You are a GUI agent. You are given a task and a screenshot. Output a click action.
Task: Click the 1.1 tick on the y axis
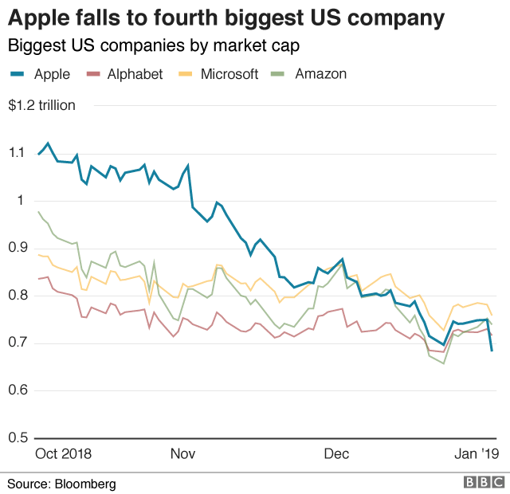[x=18, y=153]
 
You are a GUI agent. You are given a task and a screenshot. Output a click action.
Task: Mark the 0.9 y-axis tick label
[x=18, y=248]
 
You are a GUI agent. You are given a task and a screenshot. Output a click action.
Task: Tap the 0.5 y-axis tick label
[x=18, y=438]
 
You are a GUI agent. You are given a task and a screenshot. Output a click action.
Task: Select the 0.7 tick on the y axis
[x=18, y=343]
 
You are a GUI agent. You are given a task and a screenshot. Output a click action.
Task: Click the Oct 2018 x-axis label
[x=63, y=454]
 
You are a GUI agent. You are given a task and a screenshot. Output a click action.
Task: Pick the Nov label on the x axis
[x=182, y=454]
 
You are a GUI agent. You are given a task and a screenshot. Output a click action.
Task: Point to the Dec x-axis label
[x=336, y=454]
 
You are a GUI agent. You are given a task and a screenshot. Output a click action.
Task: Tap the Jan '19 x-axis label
[x=477, y=454]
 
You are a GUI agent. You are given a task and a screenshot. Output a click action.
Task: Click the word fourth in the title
[x=191, y=18]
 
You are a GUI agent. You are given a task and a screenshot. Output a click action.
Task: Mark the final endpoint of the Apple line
[x=492, y=351]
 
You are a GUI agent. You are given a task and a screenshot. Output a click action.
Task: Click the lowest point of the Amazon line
[x=444, y=363]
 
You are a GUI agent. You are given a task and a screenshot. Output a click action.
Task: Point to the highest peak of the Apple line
[x=48, y=143]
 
